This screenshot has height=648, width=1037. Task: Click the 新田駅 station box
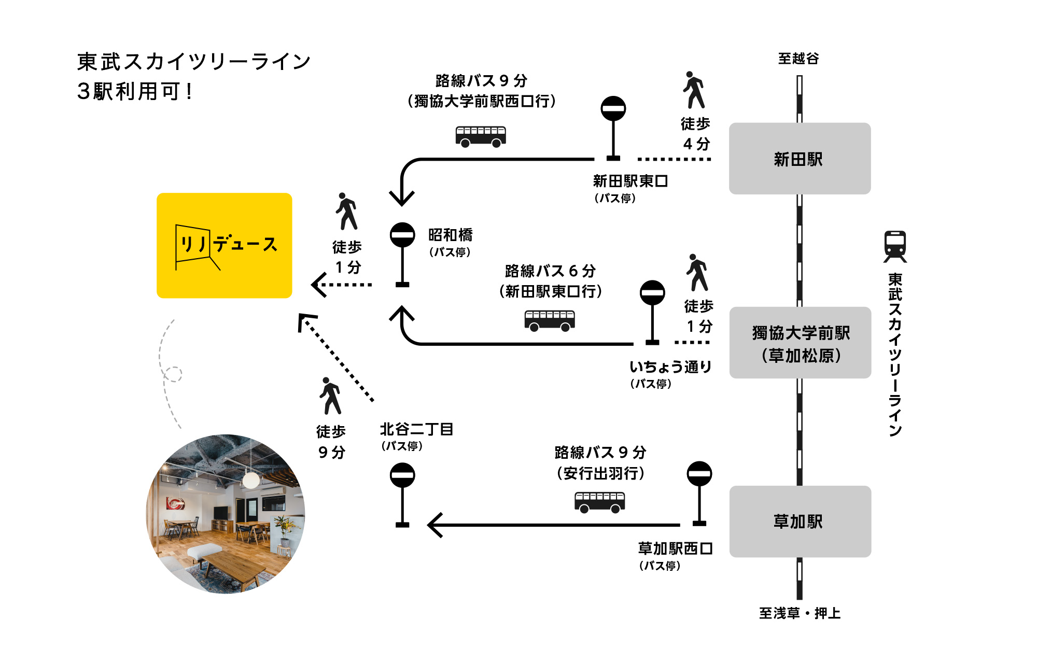pyautogui.click(x=800, y=159)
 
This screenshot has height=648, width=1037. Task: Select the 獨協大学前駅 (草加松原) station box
pyautogui.click(x=800, y=343)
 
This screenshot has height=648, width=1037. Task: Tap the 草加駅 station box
pyautogui.click(x=800, y=522)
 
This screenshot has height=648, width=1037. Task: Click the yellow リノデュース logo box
pyautogui.click(x=225, y=245)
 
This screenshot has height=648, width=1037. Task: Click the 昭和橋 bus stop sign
pyautogui.click(x=402, y=236)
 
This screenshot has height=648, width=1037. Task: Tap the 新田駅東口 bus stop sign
pyautogui.click(x=613, y=109)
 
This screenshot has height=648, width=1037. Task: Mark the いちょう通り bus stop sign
pyautogui.click(x=652, y=293)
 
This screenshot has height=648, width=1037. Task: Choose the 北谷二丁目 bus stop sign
pyautogui.click(x=402, y=476)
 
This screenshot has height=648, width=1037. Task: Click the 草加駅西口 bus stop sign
pyautogui.click(x=699, y=474)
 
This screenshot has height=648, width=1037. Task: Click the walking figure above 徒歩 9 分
pyautogui.click(x=330, y=396)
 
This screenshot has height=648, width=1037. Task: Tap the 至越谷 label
pyautogui.click(x=798, y=59)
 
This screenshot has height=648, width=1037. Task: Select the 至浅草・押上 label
pyautogui.click(x=800, y=613)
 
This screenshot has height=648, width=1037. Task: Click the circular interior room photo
pyautogui.click(x=226, y=514)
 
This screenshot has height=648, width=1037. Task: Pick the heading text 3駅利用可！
pyautogui.click(x=135, y=92)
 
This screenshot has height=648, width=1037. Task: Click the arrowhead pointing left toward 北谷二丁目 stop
pyautogui.click(x=435, y=525)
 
